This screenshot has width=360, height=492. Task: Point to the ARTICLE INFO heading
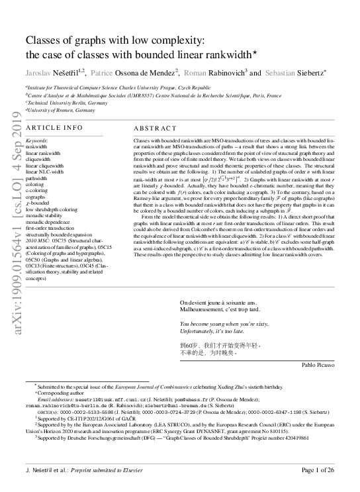54,127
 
